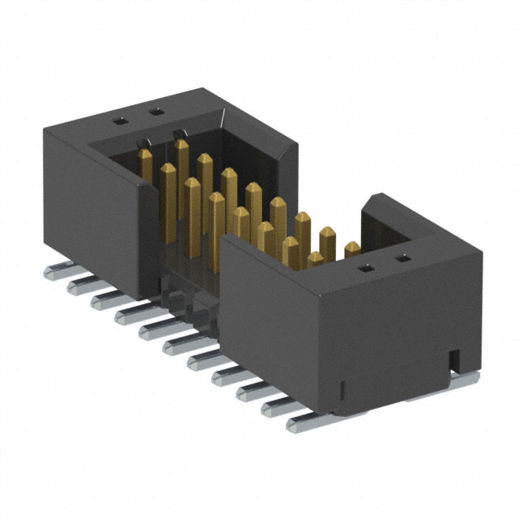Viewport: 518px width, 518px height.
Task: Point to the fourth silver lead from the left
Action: [129, 312]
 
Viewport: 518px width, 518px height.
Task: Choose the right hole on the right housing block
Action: [400, 260]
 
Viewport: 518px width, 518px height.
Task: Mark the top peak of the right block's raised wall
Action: [375, 197]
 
